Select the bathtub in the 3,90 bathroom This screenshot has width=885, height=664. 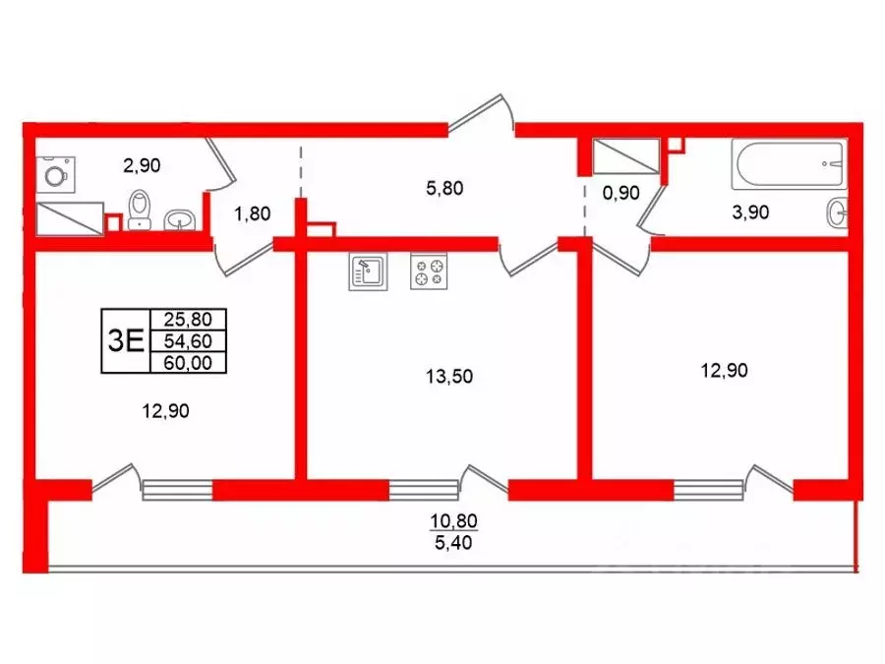point(789,164)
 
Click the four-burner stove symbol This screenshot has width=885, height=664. point(429,272)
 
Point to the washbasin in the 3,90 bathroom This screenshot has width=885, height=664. point(838,211)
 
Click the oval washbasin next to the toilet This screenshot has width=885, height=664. point(178,218)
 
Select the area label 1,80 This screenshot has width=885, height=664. point(251,211)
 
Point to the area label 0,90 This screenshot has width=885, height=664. point(620,194)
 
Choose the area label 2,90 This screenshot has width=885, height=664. point(141,165)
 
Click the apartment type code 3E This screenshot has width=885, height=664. point(125,340)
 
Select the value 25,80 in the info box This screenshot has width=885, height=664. point(188,320)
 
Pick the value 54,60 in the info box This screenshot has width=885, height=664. point(188,340)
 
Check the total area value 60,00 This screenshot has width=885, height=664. point(188,362)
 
